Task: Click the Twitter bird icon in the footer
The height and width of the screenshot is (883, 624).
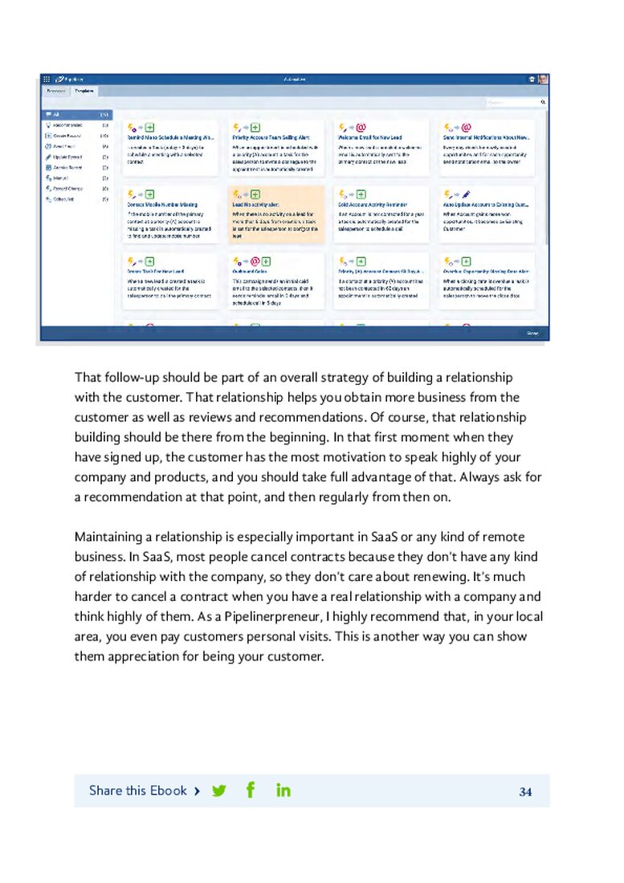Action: [218, 791]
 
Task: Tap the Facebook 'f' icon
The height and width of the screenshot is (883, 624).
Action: [251, 790]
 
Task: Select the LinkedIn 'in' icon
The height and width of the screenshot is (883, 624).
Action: [283, 790]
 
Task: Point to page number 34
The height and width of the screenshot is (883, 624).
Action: [525, 791]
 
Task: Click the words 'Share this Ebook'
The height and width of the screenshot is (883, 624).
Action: [137, 791]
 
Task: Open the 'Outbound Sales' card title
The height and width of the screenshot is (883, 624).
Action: [249, 272]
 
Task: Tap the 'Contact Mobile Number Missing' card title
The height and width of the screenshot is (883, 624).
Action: [162, 205]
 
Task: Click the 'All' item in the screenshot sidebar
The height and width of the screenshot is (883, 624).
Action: [57, 115]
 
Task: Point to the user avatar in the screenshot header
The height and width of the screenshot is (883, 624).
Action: [543, 80]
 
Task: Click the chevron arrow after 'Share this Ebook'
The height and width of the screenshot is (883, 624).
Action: [197, 791]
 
